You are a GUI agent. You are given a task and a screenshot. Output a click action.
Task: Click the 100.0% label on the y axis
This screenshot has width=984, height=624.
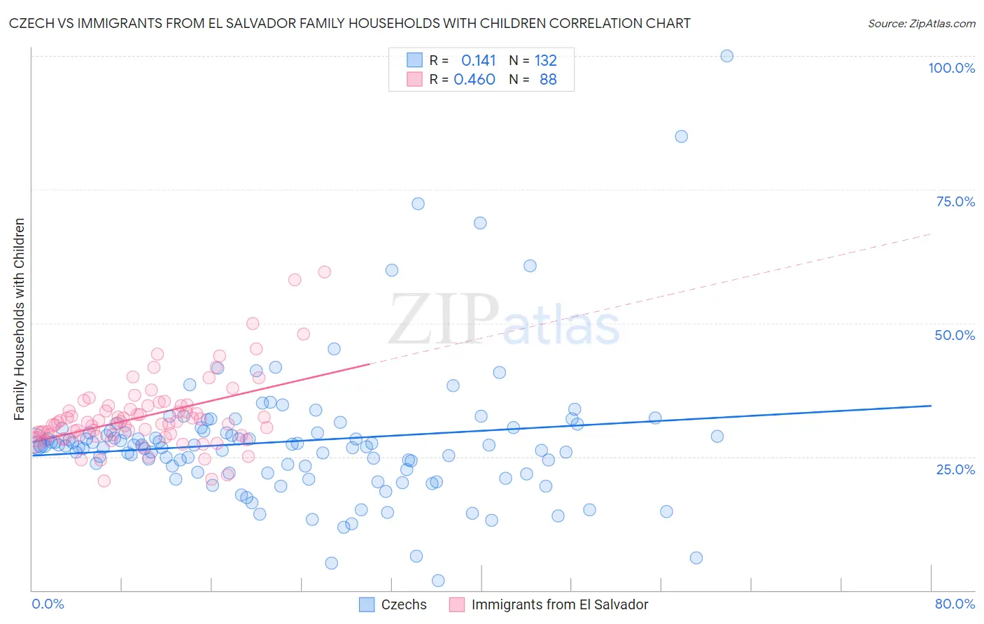pyautogui.click(x=951, y=68)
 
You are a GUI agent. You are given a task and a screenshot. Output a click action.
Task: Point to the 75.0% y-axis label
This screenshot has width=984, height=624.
pyautogui.click(x=955, y=201)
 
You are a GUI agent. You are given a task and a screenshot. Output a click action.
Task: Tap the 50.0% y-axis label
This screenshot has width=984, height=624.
pyautogui.click(x=955, y=335)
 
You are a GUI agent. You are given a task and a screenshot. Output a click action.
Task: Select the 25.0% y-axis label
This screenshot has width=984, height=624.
pyautogui.click(x=955, y=469)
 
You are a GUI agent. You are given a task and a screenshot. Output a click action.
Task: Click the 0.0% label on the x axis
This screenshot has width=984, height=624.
pyautogui.click(x=48, y=604)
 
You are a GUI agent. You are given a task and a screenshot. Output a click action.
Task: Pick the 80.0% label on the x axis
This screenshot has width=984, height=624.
pyautogui.click(x=955, y=604)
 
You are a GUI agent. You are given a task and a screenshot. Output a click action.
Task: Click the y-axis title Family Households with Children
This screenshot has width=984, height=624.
pyautogui.click(x=19, y=319)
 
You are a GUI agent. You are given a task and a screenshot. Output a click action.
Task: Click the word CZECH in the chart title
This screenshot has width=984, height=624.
pyautogui.click(x=34, y=23)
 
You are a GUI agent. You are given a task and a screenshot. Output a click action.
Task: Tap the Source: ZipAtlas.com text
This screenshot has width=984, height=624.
pyautogui.click(x=921, y=23)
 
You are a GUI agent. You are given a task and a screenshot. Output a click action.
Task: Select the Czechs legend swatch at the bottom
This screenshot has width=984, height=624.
pyautogui.click(x=367, y=604)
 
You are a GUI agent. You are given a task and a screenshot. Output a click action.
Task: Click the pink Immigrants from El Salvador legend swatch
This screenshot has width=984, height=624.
pyautogui.click(x=457, y=604)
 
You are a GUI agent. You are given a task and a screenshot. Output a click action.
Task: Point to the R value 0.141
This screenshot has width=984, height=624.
pyautogui.click(x=478, y=60)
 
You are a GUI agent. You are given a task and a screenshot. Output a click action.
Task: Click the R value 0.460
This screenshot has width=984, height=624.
pyautogui.click(x=475, y=79)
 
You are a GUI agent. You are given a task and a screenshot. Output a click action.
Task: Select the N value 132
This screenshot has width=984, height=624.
pyautogui.click(x=546, y=60)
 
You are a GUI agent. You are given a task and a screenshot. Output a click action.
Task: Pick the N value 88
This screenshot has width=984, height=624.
pyautogui.click(x=548, y=79)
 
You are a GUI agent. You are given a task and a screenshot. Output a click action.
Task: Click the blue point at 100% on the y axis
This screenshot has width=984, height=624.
pyautogui.click(x=727, y=56)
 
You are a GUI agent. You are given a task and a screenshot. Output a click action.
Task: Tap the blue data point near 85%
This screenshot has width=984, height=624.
pyautogui.click(x=681, y=136)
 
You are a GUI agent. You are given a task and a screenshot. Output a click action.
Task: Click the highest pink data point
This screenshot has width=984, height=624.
pyautogui.click(x=324, y=271)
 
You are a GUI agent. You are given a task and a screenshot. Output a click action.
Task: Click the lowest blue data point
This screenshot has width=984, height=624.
pyautogui.click(x=438, y=581)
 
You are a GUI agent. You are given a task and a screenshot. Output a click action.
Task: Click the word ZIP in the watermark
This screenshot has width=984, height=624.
pyautogui.click(x=444, y=319)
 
